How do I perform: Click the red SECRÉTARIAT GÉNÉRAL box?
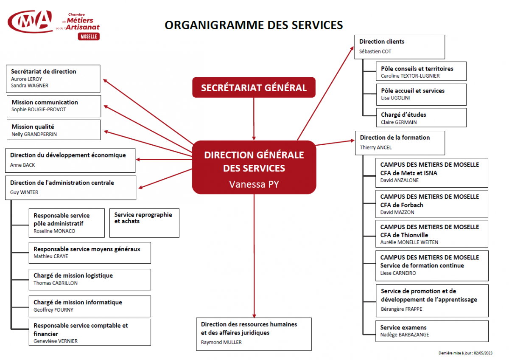pyautogui.click(x=254, y=87)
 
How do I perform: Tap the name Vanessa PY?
pyautogui.click(x=254, y=184)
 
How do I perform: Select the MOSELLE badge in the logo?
pyautogui.click(x=89, y=37)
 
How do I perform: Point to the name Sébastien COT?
pyautogui.click(x=375, y=52)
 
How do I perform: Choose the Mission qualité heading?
pyautogui.click(x=33, y=127)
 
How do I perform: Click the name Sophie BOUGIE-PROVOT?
pyautogui.click(x=39, y=110)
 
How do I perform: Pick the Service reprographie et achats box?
pyautogui.click(x=144, y=223)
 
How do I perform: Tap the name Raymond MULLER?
pyautogui.click(x=221, y=342)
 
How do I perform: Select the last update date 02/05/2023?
pyautogui.click(x=483, y=353)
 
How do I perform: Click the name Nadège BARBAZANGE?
pyautogui.click(x=405, y=335)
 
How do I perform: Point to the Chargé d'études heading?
pyautogui.click(x=403, y=115)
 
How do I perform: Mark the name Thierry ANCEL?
pyautogui.click(x=376, y=148)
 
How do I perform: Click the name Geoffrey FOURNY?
pyautogui.click(x=53, y=310)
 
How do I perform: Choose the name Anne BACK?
pyautogui.click(x=22, y=165)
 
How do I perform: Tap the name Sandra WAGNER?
pyautogui.click(x=30, y=85)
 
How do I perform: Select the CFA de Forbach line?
pyautogui.click(x=402, y=205)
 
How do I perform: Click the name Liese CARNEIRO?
pyautogui.click(x=398, y=273)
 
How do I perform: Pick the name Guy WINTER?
pyautogui.click(x=24, y=192)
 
